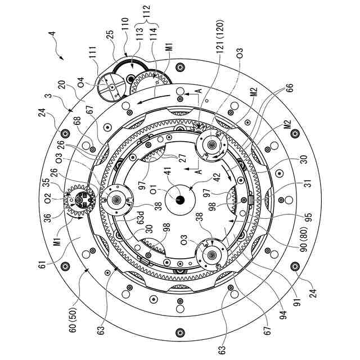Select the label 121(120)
click(x=220, y=36)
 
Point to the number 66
click(x=290, y=88)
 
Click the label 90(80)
click(x=304, y=239)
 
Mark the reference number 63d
click(x=140, y=218)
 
